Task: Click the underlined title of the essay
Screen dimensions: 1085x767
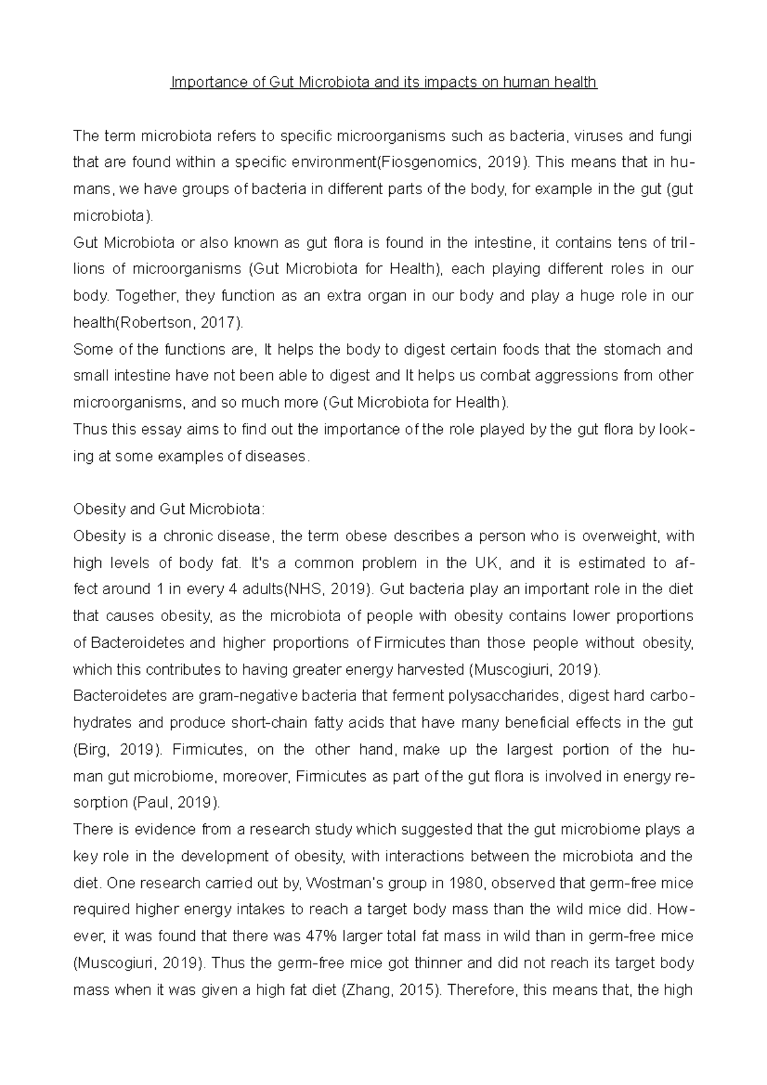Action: click(x=383, y=83)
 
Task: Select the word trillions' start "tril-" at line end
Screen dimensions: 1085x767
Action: click(x=681, y=243)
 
